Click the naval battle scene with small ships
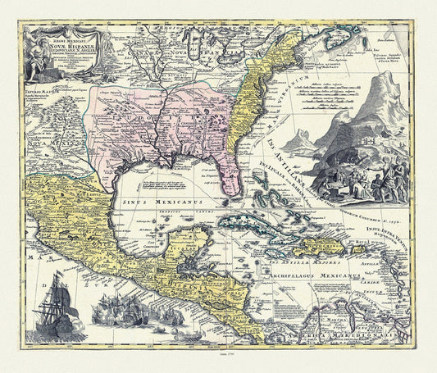(123, 316)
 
